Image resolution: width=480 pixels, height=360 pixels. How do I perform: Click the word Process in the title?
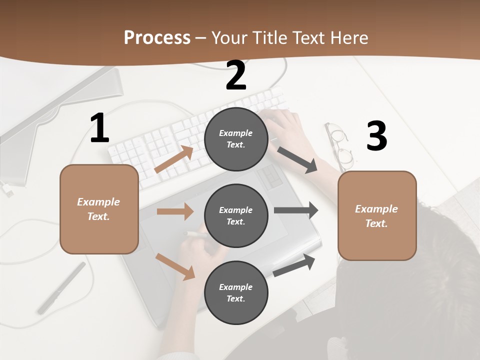[x=157, y=38]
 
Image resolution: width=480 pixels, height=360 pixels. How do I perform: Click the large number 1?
[x=99, y=128]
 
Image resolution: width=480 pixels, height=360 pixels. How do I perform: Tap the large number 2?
[x=236, y=75]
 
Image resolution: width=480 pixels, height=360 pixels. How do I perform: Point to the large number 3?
[x=376, y=136]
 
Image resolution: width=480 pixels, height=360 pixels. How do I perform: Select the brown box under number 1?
[x=99, y=209]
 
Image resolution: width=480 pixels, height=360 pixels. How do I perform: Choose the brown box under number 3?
[x=377, y=215]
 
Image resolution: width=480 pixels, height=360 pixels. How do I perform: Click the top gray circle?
[x=236, y=139]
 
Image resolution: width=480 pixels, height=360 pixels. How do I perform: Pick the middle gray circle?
[x=236, y=215]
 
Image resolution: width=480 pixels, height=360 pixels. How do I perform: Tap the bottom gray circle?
[x=236, y=292]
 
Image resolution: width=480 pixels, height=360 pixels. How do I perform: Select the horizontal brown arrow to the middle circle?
[x=175, y=211]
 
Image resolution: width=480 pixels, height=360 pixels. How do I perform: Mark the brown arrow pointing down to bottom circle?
[x=175, y=266]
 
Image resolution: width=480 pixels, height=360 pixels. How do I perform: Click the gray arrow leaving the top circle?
[x=297, y=160]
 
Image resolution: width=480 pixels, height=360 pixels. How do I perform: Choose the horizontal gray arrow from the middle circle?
[x=296, y=210]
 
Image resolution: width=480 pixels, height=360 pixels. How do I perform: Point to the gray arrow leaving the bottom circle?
[x=294, y=265]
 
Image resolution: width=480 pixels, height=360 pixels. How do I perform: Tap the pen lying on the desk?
[x=61, y=288]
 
